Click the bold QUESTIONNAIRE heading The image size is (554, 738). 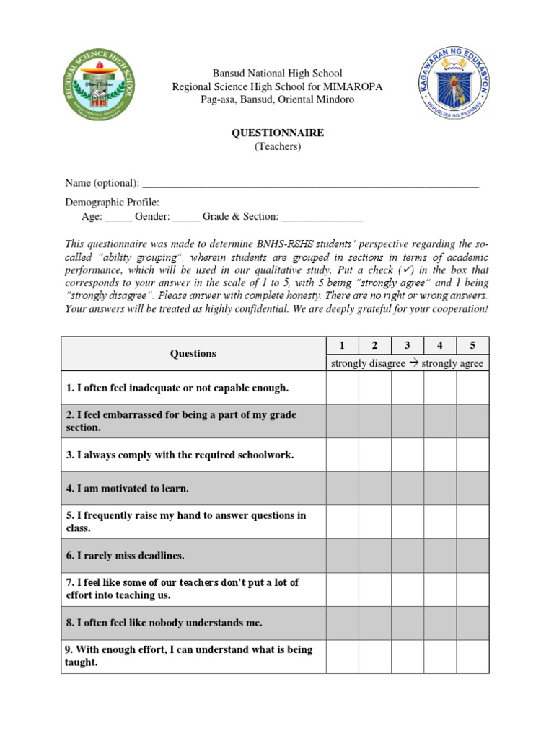click(277, 133)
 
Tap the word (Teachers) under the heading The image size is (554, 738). click(277, 147)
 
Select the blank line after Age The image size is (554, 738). click(119, 217)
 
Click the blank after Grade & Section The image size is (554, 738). click(322, 217)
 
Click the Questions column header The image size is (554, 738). click(193, 353)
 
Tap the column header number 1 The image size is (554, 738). click(343, 345)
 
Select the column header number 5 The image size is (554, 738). click(472, 345)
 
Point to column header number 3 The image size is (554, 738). click(408, 345)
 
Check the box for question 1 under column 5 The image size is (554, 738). click(472, 388)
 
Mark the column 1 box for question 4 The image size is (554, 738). click(343, 489)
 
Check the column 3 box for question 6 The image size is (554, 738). click(408, 556)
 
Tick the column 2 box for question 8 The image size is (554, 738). click(375, 623)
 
